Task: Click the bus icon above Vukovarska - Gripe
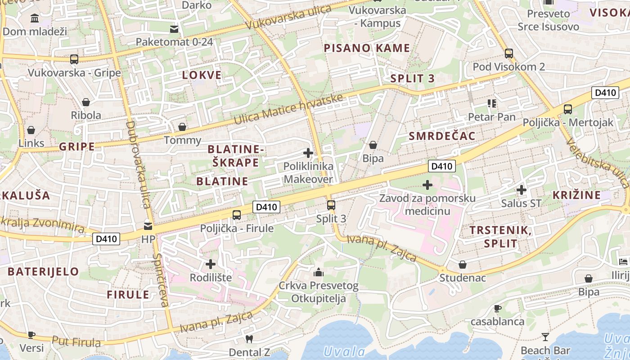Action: [x=74, y=59]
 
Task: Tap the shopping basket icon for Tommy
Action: [x=182, y=127]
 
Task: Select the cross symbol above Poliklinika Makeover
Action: [x=308, y=153]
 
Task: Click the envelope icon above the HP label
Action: [x=148, y=226]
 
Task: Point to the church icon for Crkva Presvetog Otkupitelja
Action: [x=319, y=272]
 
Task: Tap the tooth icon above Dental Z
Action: [x=249, y=339]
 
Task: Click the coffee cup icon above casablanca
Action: [x=497, y=309]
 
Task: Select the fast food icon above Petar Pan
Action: [x=491, y=104]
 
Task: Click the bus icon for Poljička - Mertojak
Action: [x=568, y=109]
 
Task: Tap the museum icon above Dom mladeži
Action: [x=34, y=18]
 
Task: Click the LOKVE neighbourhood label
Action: [x=202, y=75]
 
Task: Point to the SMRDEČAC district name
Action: [x=442, y=136]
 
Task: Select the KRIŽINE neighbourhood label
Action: [x=576, y=195]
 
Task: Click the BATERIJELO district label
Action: [x=43, y=271]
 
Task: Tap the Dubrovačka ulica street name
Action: [x=138, y=164]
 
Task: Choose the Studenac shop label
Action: [x=463, y=278]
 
